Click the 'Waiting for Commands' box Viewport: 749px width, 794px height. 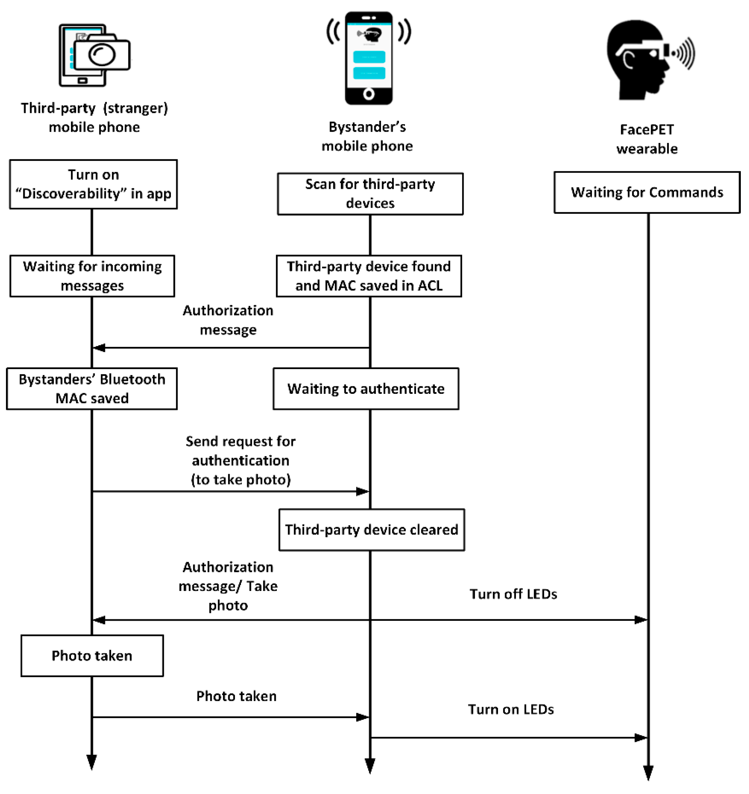pos(647,192)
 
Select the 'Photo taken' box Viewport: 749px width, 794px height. pos(92,656)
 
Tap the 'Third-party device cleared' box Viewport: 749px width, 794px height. pos(372,530)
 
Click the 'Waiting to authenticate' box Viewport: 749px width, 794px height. pos(366,389)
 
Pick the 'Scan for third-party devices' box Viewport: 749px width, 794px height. pos(370,194)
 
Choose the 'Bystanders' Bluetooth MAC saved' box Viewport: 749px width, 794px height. pos(92,389)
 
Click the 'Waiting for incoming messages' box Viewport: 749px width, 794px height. pos(92,276)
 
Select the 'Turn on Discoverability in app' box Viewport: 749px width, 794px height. pos(93,184)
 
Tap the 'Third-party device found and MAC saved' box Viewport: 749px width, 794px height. pos(369,276)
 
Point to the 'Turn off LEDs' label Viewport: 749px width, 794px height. pos(513,594)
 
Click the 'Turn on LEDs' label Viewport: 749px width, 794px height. pos(511,709)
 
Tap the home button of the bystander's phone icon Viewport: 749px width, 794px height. pos(369,94)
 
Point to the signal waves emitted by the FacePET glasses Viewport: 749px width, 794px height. pos(684,53)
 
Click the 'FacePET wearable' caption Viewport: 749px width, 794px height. pos(647,139)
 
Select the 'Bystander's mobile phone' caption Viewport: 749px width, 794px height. pos(367,136)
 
